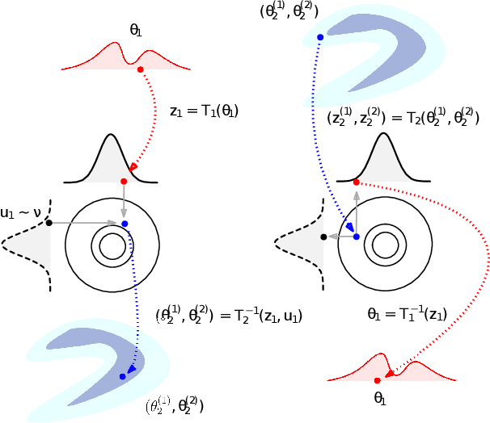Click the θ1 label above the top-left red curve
(x=135, y=30)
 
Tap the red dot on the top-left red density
(x=141, y=70)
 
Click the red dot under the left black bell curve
(x=124, y=182)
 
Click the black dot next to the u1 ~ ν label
(x=49, y=222)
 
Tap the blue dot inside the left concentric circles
(x=124, y=223)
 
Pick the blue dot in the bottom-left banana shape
(x=122, y=377)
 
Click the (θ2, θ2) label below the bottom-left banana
(x=175, y=405)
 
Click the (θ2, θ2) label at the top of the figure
(x=289, y=11)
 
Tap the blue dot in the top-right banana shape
(x=320, y=37)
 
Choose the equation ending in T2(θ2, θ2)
(x=403, y=118)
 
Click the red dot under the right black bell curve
(x=357, y=182)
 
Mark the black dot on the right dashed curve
(x=323, y=237)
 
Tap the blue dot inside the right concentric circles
(x=357, y=237)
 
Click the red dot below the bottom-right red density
(x=378, y=380)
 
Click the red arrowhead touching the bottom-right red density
(x=390, y=373)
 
